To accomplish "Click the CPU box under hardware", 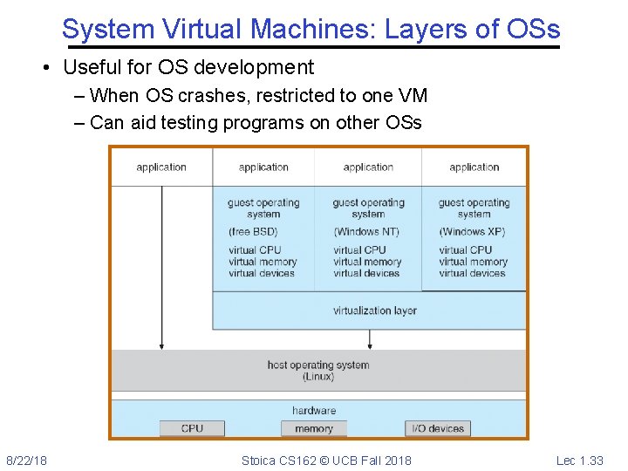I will (192, 428).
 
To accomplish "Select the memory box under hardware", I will (314, 428).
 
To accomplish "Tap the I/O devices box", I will (437, 428).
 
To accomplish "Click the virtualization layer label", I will (375, 311).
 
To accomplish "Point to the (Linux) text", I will (318, 377).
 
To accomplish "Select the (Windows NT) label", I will (367, 232).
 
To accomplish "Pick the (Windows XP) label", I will (473, 232).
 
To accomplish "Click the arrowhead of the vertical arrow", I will (161, 345).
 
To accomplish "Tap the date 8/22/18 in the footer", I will (27, 460).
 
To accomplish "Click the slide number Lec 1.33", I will (580, 460).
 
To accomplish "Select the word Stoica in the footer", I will (259, 460).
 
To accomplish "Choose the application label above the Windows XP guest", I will (474, 167).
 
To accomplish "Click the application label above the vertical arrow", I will (161, 167).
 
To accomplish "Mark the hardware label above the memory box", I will (314, 410).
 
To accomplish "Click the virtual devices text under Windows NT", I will (367, 273).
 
